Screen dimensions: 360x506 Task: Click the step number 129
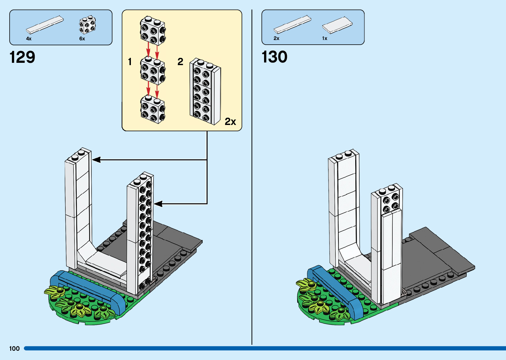pyautogui.click(x=22, y=57)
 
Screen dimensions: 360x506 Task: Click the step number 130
pyautogui.click(x=274, y=57)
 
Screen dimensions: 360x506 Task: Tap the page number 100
pyautogui.click(x=15, y=348)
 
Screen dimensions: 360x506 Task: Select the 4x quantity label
pyautogui.click(x=29, y=39)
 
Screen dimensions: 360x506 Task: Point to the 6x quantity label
pyautogui.click(x=82, y=39)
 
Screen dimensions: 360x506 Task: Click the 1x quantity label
pyautogui.click(x=325, y=38)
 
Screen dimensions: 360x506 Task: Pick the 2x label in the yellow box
pyautogui.click(x=230, y=122)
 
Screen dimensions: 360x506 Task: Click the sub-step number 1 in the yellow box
pyautogui.click(x=130, y=61)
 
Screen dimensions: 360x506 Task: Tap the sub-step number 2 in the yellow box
pyautogui.click(x=180, y=61)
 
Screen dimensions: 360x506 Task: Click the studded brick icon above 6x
pyautogui.click(x=88, y=25)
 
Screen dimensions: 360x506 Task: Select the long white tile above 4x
pyautogui.click(x=45, y=24)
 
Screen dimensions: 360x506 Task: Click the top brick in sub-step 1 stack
pyautogui.click(x=153, y=30)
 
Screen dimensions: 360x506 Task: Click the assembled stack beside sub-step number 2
pyautogui.click(x=205, y=92)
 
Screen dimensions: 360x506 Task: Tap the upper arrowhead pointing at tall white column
pyautogui.click(x=96, y=160)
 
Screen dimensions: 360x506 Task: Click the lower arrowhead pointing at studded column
pyautogui.click(x=158, y=204)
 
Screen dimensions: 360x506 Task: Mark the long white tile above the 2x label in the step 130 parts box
pyautogui.click(x=292, y=24)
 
